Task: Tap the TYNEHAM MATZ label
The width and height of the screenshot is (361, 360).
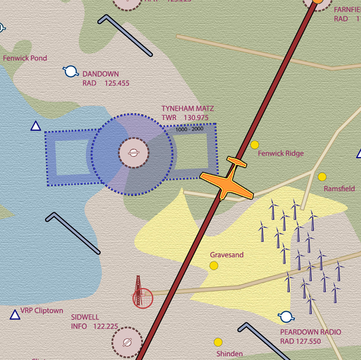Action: [x=188, y=108]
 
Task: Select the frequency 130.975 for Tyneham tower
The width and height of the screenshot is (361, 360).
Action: [x=196, y=118]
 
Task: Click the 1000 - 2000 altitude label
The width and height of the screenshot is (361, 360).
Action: [x=189, y=130]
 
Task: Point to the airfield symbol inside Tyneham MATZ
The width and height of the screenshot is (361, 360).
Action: [x=133, y=153]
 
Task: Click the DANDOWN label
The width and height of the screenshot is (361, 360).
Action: [x=100, y=74]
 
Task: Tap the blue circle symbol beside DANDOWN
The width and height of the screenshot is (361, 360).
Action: [x=71, y=71]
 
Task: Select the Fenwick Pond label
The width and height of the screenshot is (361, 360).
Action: [x=25, y=58]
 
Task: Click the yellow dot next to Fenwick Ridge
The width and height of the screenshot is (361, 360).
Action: [x=255, y=145]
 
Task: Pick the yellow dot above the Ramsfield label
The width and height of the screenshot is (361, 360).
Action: [x=322, y=177]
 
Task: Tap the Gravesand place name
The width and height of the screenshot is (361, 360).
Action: [x=226, y=255]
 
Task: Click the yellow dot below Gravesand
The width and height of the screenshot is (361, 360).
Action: [x=214, y=266]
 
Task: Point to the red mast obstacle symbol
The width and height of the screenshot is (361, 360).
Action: [x=139, y=294]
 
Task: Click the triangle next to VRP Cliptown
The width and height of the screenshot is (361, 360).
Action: [x=15, y=314]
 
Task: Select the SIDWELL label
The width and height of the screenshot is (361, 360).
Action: [x=85, y=317]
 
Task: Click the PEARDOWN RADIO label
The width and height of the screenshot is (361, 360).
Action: [x=310, y=332]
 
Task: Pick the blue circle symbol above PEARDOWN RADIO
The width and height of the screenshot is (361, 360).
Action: [x=286, y=317]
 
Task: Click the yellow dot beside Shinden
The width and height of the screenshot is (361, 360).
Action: [x=218, y=342]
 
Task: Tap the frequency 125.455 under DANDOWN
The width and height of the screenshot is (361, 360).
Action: [x=117, y=83]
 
